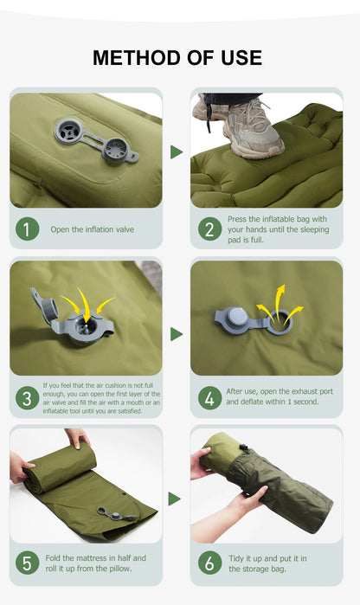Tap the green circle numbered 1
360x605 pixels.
point(27,228)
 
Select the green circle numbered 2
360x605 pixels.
point(209,228)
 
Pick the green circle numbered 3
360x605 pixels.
point(27,398)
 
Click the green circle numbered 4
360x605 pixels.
point(209,398)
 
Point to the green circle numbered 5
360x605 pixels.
point(27,563)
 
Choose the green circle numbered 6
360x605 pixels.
point(209,563)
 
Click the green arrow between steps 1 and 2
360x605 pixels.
point(177,152)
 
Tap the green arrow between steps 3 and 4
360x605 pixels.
point(177,334)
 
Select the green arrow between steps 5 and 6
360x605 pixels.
point(175,499)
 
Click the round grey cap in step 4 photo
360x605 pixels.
point(237,317)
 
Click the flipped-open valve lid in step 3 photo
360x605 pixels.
point(44,304)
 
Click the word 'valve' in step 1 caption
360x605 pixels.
point(125,229)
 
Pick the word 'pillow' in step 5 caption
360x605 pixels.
point(119,569)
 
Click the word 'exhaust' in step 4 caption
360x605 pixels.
point(305,391)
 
